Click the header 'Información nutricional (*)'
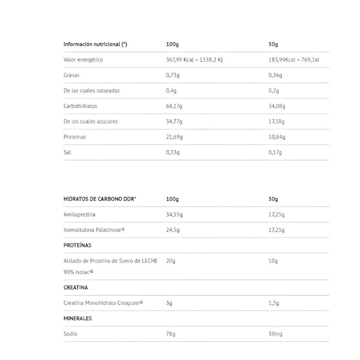[x=95, y=45]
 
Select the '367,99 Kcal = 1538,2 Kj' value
[x=194, y=60]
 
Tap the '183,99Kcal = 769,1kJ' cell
[x=293, y=60]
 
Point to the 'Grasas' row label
[x=71, y=75]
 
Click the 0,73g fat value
[x=173, y=75]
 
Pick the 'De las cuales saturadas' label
[x=91, y=91]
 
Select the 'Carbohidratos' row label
[x=80, y=106]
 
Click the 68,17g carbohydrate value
[x=174, y=106]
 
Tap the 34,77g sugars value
[x=174, y=122]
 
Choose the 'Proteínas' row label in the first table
[x=75, y=137]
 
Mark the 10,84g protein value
[x=276, y=137]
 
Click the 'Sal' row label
[x=67, y=152]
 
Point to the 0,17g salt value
[x=275, y=152]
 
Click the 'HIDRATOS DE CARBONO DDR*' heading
[x=100, y=199]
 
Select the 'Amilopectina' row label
[x=79, y=215]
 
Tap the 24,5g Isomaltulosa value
[x=173, y=230]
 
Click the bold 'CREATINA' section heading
[x=76, y=288]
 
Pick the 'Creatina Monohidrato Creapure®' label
[x=103, y=303]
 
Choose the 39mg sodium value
[x=275, y=334]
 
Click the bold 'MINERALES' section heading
[x=77, y=319]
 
